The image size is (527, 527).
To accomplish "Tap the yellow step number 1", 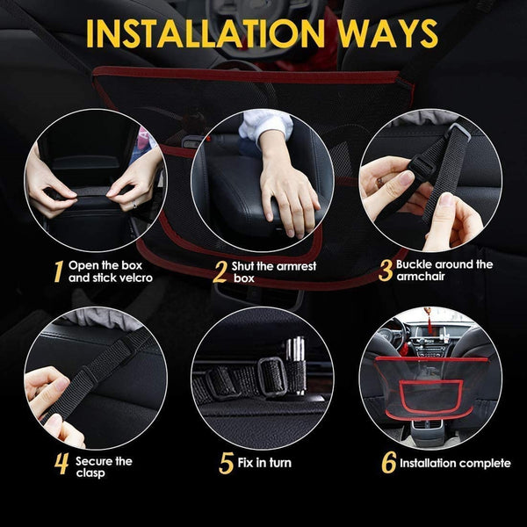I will pos(57,271).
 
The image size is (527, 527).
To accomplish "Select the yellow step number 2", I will pos(220,271).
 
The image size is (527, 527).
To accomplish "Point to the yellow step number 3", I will pos(385,270).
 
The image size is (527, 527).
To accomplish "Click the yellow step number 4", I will pos(61,464).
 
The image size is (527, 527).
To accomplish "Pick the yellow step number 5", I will pos(226,463).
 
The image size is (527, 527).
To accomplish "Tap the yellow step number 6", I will pos(386,463).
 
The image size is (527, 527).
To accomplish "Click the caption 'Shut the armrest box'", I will pos(273,271).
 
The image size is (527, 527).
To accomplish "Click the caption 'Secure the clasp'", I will pos(104,466).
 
